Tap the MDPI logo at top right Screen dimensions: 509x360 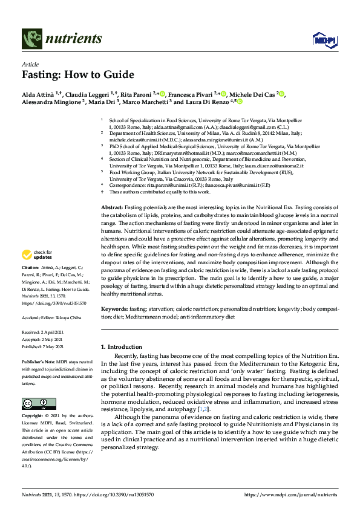point(324,40)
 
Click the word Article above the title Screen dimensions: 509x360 point(30,63)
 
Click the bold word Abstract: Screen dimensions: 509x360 point(112,207)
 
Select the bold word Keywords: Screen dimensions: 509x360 point(114,309)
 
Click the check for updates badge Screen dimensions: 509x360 point(38,272)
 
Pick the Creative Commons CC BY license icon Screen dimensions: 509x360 point(39,403)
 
